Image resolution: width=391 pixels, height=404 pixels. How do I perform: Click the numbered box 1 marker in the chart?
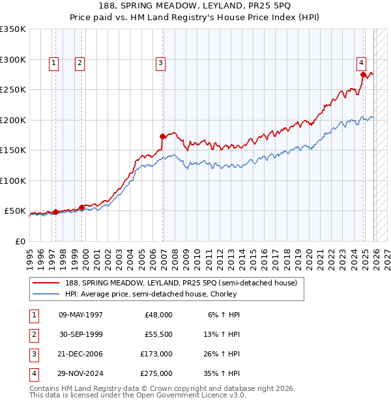(x=53, y=63)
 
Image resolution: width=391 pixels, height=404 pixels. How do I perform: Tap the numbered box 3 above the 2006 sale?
(x=160, y=63)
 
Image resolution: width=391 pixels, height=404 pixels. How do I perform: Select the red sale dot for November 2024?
(x=363, y=74)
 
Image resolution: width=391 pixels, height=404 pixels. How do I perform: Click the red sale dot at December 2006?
(x=163, y=136)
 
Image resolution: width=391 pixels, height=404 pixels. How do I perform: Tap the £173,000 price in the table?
(x=156, y=354)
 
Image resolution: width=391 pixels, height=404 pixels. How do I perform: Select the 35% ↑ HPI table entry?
(x=221, y=373)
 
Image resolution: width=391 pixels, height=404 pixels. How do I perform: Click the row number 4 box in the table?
(x=33, y=373)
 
